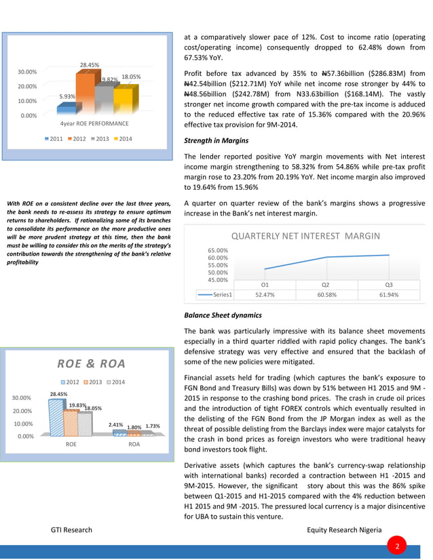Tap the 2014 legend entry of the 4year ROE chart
121,139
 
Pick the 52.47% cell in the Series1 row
264,295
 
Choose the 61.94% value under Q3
389,295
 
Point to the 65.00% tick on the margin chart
217,250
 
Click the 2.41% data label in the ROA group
114,425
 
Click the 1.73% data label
152,426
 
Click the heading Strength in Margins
216,142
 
